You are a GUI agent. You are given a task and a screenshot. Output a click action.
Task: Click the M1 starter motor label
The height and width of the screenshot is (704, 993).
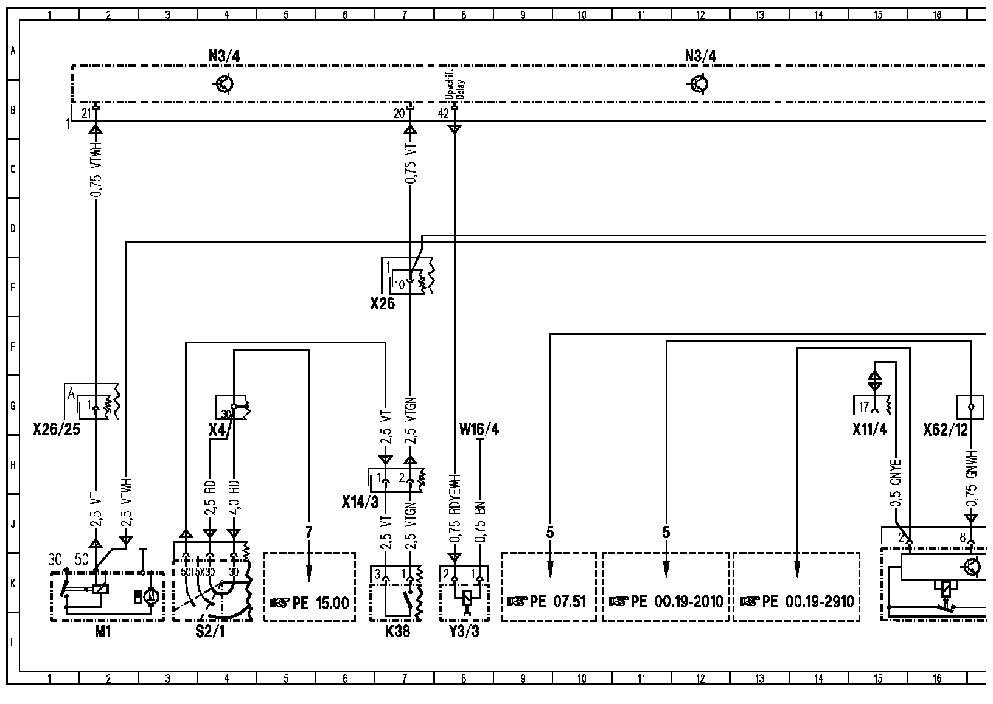103,632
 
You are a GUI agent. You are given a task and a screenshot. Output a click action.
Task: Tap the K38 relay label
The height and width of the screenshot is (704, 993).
397,632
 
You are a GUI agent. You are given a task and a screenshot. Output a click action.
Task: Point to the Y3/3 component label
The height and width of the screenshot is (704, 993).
464,632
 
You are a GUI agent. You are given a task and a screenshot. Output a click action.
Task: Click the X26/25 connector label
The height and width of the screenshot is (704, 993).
56,430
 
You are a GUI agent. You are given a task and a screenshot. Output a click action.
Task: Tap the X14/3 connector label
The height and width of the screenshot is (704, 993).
360,502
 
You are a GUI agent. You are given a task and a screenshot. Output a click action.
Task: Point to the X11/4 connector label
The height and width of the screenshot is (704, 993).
869,430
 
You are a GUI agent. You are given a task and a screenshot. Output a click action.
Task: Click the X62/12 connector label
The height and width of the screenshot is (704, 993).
945,430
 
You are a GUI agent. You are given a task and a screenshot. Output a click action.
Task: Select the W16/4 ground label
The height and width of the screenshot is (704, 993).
479,430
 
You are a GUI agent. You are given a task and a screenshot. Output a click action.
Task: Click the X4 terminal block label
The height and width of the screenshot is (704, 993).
217,430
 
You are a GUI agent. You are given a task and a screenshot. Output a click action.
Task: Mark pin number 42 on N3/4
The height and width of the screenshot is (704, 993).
444,113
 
